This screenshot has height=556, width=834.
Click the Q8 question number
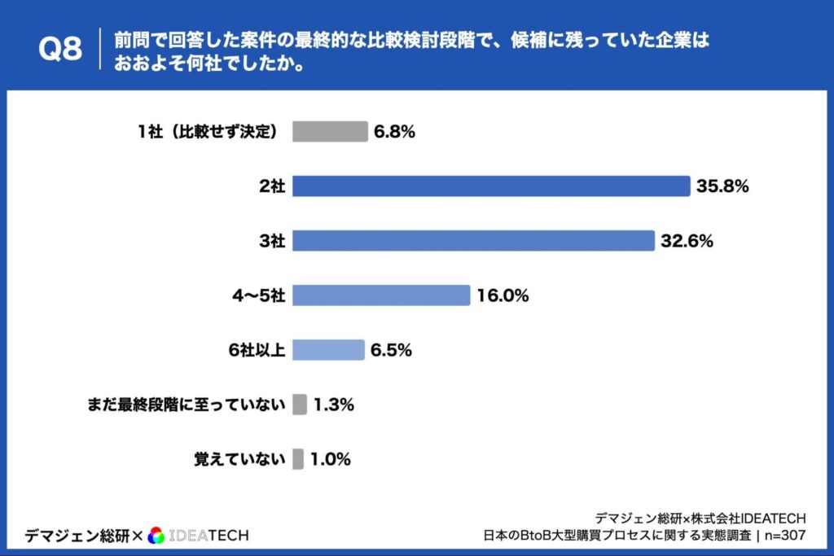coord(60,49)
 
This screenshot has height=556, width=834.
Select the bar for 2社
coord(491,186)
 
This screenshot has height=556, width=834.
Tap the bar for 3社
coord(473,241)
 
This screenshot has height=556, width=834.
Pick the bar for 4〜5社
coord(381,296)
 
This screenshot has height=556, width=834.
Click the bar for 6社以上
coord(328,350)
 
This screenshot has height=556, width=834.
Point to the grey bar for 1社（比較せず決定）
coord(330,132)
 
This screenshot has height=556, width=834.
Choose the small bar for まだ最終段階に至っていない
coord(300,405)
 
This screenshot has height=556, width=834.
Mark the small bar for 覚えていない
coord(298,459)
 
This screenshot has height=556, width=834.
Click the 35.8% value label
coord(722,186)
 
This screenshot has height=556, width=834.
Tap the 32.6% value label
coord(687,241)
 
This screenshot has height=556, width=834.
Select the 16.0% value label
coord(503,296)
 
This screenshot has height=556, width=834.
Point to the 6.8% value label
coord(394,132)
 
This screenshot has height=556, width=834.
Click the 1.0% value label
coord(330,459)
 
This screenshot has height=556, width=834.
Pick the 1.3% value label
coord(333,405)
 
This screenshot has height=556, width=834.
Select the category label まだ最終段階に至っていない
coord(187,405)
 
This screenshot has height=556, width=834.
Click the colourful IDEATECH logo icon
coord(157,535)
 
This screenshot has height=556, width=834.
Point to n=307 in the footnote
coord(785,535)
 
